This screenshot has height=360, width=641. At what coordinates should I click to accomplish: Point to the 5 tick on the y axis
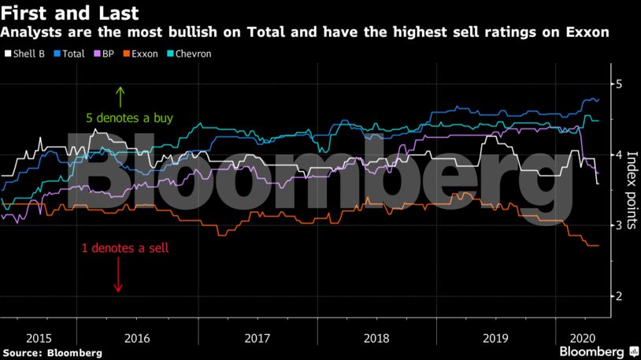619,84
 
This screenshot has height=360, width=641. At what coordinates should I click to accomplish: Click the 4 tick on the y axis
619,154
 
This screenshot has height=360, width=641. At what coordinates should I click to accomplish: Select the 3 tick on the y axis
619,225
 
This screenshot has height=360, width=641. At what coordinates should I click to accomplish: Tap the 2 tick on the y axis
619,296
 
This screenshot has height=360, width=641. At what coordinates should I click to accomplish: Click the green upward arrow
120,96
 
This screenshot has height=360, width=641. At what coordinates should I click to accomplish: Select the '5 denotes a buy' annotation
130,119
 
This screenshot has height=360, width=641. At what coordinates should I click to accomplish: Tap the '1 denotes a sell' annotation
125,247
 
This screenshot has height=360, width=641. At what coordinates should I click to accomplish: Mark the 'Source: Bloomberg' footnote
52,353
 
